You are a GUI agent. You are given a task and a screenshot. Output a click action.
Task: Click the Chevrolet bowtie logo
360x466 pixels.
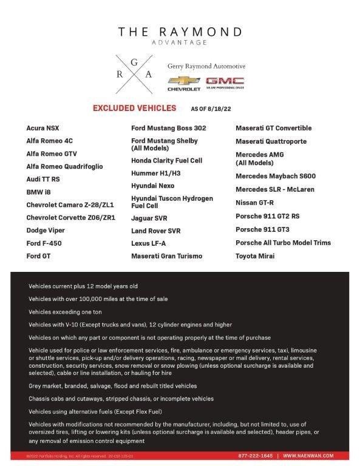point(183,81)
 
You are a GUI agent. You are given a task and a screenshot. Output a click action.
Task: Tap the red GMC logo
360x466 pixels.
point(225,81)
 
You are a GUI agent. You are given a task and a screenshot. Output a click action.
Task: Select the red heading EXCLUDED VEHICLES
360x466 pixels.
point(134,109)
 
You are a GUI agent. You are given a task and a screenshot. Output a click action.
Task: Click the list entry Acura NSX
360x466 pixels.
point(43,128)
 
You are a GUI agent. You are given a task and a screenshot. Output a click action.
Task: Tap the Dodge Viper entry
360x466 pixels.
point(46,231)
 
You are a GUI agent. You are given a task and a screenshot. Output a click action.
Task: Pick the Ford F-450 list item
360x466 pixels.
point(44,243)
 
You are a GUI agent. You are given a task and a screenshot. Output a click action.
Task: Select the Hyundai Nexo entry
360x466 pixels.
point(152,186)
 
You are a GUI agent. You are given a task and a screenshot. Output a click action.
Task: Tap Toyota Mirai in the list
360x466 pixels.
point(255,256)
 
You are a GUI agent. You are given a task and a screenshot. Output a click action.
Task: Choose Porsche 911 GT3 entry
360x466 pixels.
point(262,229)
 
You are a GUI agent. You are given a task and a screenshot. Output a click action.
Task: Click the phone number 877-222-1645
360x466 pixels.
point(255,455)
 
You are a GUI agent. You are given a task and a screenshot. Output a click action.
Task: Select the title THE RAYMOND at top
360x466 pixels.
point(180,32)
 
